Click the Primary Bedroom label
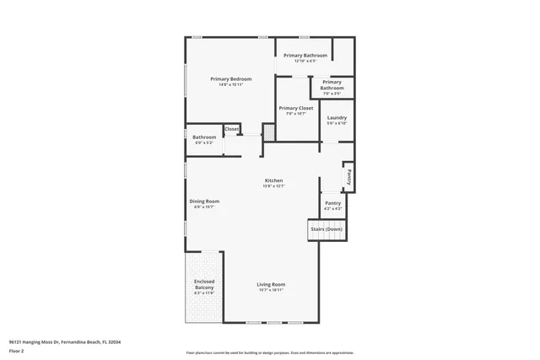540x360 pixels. pyautogui.click(x=231, y=78)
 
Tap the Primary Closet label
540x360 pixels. pyautogui.click(x=296, y=108)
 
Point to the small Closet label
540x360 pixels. pyautogui.click(x=231, y=129)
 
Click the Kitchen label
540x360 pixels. pyautogui.click(x=274, y=180)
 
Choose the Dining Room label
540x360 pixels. pyautogui.click(x=204, y=201)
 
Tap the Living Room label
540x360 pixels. pyautogui.click(x=271, y=284)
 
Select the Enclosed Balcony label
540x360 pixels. pyautogui.click(x=204, y=284)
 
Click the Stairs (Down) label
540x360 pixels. pyautogui.click(x=327, y=228)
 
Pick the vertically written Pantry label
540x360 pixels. pyautogui.click(x=348, y=178)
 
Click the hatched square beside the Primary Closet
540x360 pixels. pyautogui.click(x=269, y=132)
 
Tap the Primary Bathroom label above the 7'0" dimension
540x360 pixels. pyautogui.click(x=332, y=85)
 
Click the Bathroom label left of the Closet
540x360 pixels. pyautogui.click(x=204, y=137)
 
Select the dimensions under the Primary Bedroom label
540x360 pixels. pyautogui.click(x=231, y=84)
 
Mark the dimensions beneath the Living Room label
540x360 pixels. pyautogui.click(x=271, y=290)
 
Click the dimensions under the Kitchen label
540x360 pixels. pyautogui.click(x=274, y=186)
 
